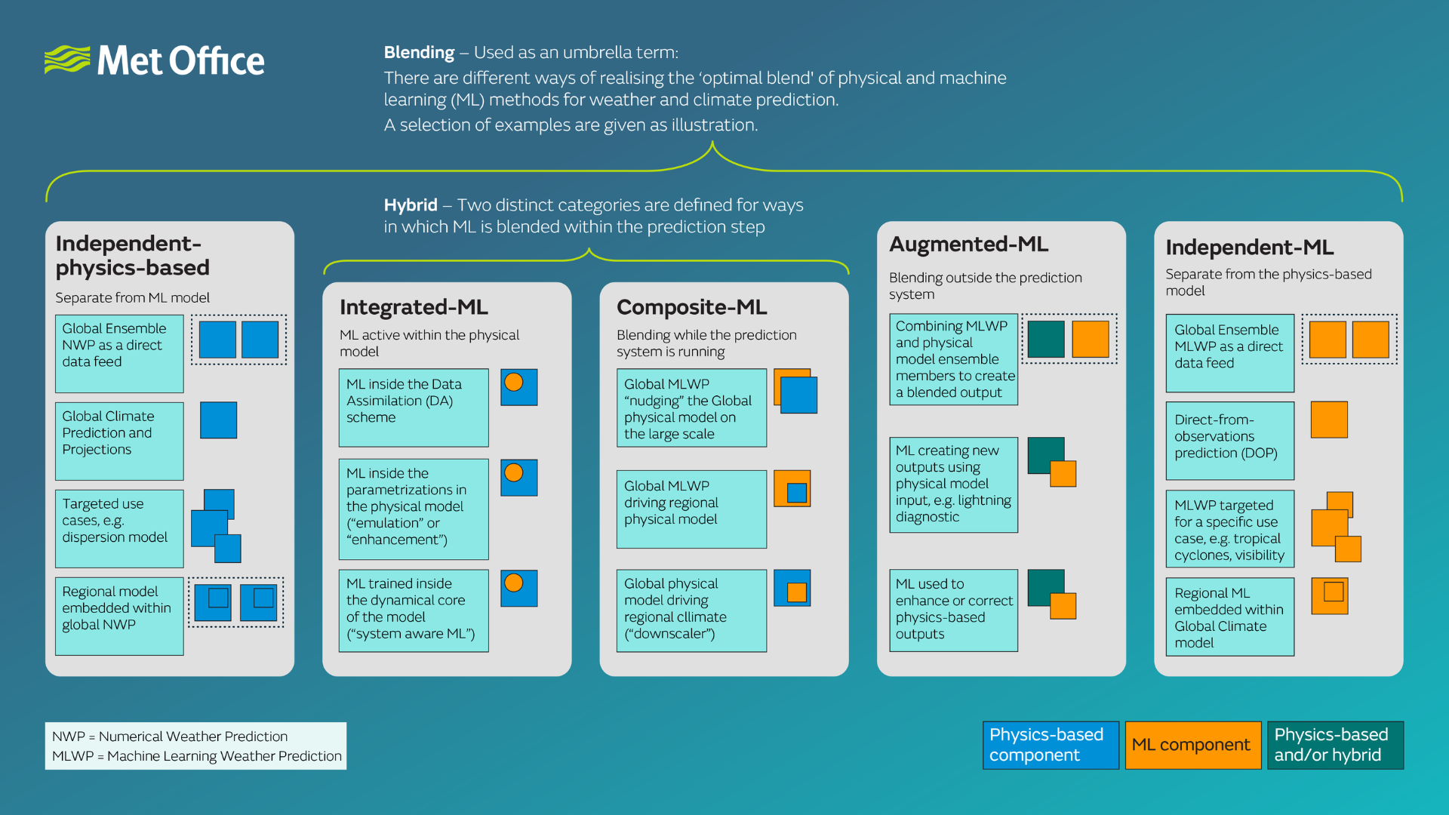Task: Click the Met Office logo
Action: tap(155, 60)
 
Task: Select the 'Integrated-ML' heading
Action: tap(414, 307)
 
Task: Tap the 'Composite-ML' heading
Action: tap(691, 307)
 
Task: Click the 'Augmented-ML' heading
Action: tap(968, 244)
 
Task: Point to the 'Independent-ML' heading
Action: tap(1249, 248)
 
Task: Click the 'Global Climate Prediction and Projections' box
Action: tap(119, 441)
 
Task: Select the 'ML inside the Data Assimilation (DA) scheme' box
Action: tap(413, 407)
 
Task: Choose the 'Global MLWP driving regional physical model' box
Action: tap(691, 509)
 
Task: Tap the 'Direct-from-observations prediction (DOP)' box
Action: tap(1229, 440)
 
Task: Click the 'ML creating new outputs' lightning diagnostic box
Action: tap(953, 484)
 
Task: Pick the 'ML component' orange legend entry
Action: tap(1192, 745)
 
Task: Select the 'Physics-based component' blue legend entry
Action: tap(1051, 745)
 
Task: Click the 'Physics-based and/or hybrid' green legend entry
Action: tap(1334, 745)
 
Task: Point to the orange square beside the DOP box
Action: tap(1329, 420)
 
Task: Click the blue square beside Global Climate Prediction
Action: tap(218, 420)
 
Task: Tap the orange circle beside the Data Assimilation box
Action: tap(514, 383)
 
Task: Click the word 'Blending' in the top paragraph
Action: tap(419, 53)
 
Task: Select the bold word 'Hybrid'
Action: tap(411, 205)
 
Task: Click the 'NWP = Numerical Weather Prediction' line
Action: tap(170, 737)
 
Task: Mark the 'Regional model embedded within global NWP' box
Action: tap(119, 616)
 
